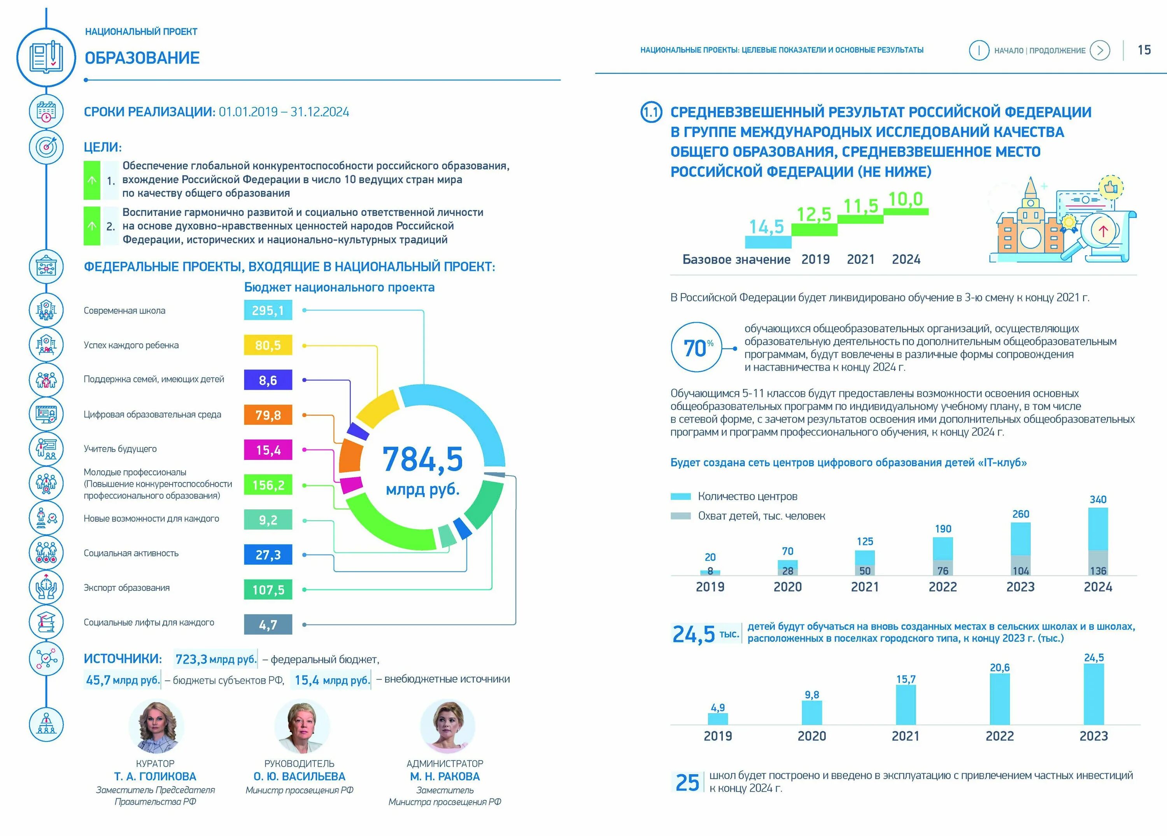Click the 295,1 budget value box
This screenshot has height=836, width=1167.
268,310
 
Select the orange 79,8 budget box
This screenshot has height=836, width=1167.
268,415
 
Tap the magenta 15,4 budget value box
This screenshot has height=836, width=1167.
268,450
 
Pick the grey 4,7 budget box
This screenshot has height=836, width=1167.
268,624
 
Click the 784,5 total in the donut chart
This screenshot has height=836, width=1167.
422,459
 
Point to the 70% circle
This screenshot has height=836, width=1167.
696,348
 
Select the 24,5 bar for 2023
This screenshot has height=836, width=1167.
1093,694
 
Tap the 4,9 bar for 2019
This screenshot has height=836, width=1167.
718,719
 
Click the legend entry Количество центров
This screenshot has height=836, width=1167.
747,496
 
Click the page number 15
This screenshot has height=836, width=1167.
1144,50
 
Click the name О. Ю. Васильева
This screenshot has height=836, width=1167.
300,776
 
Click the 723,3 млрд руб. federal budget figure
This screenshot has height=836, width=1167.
216,659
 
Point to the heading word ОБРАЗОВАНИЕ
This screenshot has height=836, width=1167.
142,58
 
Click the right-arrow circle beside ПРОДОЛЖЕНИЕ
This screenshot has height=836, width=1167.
1100,51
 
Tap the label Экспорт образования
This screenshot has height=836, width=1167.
126,587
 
